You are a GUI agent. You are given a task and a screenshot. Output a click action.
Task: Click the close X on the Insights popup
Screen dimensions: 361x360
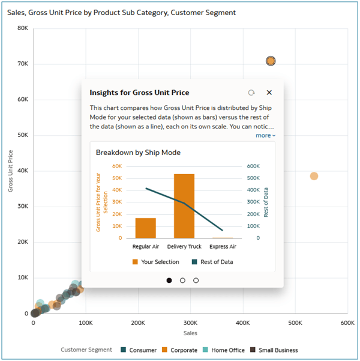269,93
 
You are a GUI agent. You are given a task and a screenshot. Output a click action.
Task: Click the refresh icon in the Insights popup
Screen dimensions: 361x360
251,93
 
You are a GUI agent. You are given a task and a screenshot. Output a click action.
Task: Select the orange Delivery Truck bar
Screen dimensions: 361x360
184,206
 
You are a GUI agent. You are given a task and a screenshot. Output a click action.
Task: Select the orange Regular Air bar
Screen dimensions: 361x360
146,228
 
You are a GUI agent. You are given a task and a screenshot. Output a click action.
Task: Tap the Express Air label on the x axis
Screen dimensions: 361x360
223,246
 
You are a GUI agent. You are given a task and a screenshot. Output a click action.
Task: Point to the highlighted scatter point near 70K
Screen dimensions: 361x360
271,61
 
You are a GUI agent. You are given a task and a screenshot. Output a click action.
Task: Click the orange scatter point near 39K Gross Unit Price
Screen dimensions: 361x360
314,176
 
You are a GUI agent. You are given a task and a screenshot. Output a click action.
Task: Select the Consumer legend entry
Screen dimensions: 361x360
139,350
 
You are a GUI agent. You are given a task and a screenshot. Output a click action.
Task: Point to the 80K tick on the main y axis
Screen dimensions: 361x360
23,28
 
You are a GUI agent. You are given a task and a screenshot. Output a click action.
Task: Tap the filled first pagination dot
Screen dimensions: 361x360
169,281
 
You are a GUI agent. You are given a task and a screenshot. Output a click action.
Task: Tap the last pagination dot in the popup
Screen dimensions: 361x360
196,281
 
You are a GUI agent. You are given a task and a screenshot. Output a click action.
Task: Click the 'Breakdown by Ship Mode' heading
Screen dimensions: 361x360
138,153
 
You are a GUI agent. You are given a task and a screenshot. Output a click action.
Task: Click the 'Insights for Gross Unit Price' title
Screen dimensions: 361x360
139,93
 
